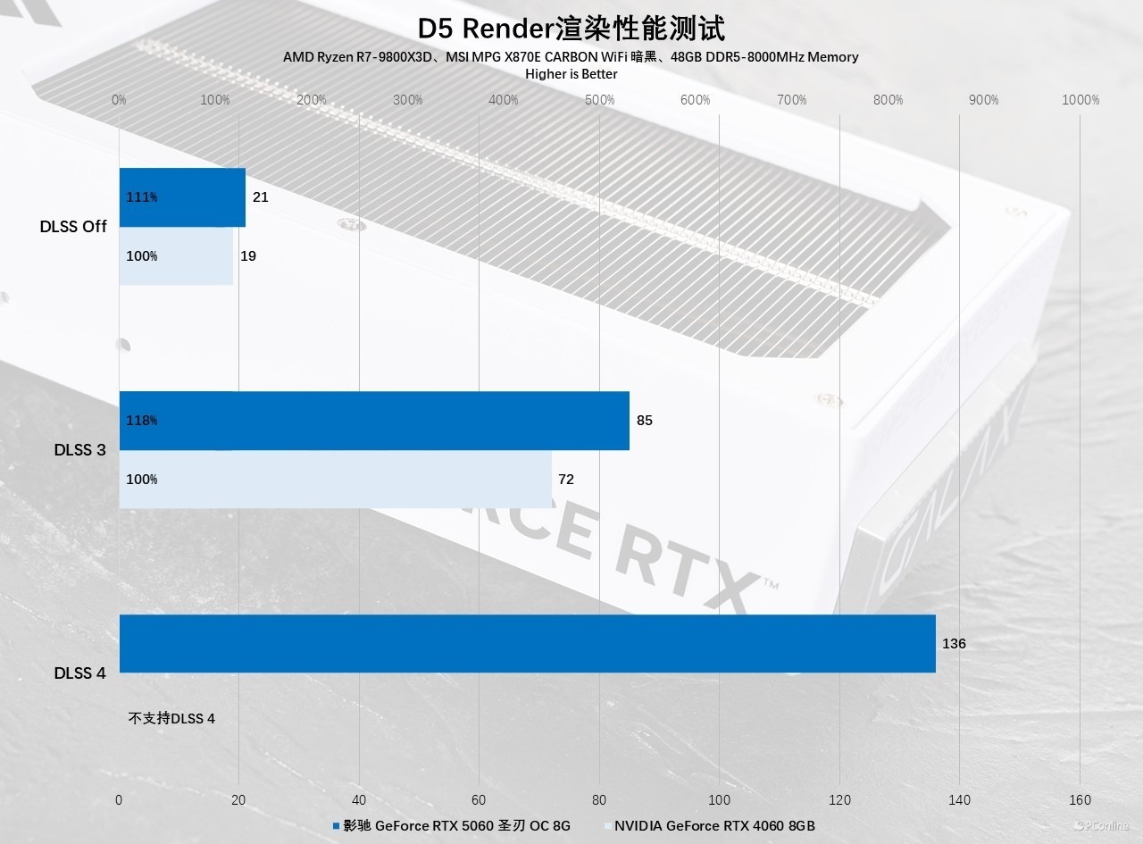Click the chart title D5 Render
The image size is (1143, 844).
point(571,28)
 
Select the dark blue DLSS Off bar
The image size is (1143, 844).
point(182,197)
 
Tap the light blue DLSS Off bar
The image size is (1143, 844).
point(176,256)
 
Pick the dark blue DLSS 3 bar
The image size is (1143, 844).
point(374,421)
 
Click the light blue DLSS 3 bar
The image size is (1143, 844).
point(336,480)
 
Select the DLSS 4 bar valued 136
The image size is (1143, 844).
point(527,643)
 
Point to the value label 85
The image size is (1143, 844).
point(645,420)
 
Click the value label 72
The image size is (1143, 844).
point(566,480)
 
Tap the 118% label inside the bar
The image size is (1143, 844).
point(142,421)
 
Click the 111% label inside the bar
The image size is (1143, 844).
point(142,197)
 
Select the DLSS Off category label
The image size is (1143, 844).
point(73,227)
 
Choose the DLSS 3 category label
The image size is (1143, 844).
point(79,450)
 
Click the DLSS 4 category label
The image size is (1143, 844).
point(79,673)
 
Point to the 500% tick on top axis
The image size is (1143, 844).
point(600,100)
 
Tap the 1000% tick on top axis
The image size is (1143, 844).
point(1080,100)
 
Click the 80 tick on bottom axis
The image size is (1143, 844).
point(599,800)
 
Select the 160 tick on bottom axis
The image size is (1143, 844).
point(1080,800)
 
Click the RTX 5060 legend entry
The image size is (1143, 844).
point(451,826)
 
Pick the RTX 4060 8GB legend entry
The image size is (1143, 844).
point(710,826)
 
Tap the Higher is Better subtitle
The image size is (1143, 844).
point(571,74)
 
